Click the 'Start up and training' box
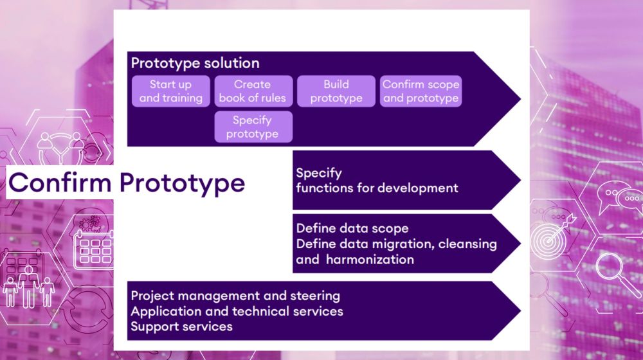pos(170,91)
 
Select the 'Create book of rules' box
pos(253,91)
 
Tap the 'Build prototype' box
pos(336,91)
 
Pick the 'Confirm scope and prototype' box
pos(421,91)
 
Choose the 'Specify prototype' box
pos(253,127)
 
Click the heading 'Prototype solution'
pos(195,63)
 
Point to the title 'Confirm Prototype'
pos(127,183)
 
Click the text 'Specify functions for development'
pos(376,181)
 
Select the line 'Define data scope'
pos(352,228)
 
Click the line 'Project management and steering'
pos(235,296)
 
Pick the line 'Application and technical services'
pos(237,311)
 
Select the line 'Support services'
pos(181,327)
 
